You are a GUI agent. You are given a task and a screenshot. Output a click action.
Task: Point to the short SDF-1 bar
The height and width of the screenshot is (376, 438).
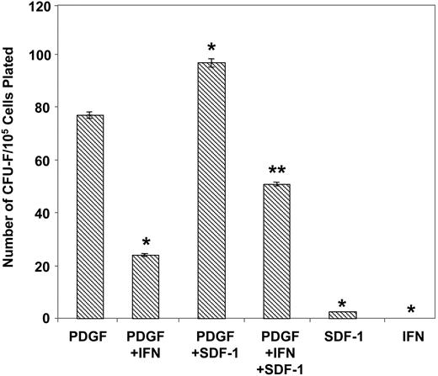tap(343, 315)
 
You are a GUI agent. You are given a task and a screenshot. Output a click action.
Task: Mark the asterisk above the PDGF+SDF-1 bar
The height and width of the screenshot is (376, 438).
tap(211, 47)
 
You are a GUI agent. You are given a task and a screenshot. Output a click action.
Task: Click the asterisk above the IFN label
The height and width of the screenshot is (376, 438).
tap(409, 310)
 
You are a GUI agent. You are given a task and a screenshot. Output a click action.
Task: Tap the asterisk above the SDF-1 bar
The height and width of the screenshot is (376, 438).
tap(343, 304)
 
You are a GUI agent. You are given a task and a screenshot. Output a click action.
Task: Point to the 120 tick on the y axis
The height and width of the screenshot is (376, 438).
tap(40, 6)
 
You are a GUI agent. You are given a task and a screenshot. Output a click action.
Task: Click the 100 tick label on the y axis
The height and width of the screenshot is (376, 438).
tap(40, 56)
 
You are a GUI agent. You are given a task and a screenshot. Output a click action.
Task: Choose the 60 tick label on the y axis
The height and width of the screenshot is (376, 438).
tap(43, 161)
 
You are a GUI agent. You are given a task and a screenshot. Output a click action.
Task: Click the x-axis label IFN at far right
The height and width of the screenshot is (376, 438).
tap(409, 337)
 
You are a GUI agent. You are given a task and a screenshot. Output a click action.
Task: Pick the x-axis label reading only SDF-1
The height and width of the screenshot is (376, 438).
tap(343, 337)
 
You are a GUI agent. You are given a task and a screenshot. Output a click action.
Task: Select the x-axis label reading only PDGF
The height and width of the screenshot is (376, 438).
tap(90, 337)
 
